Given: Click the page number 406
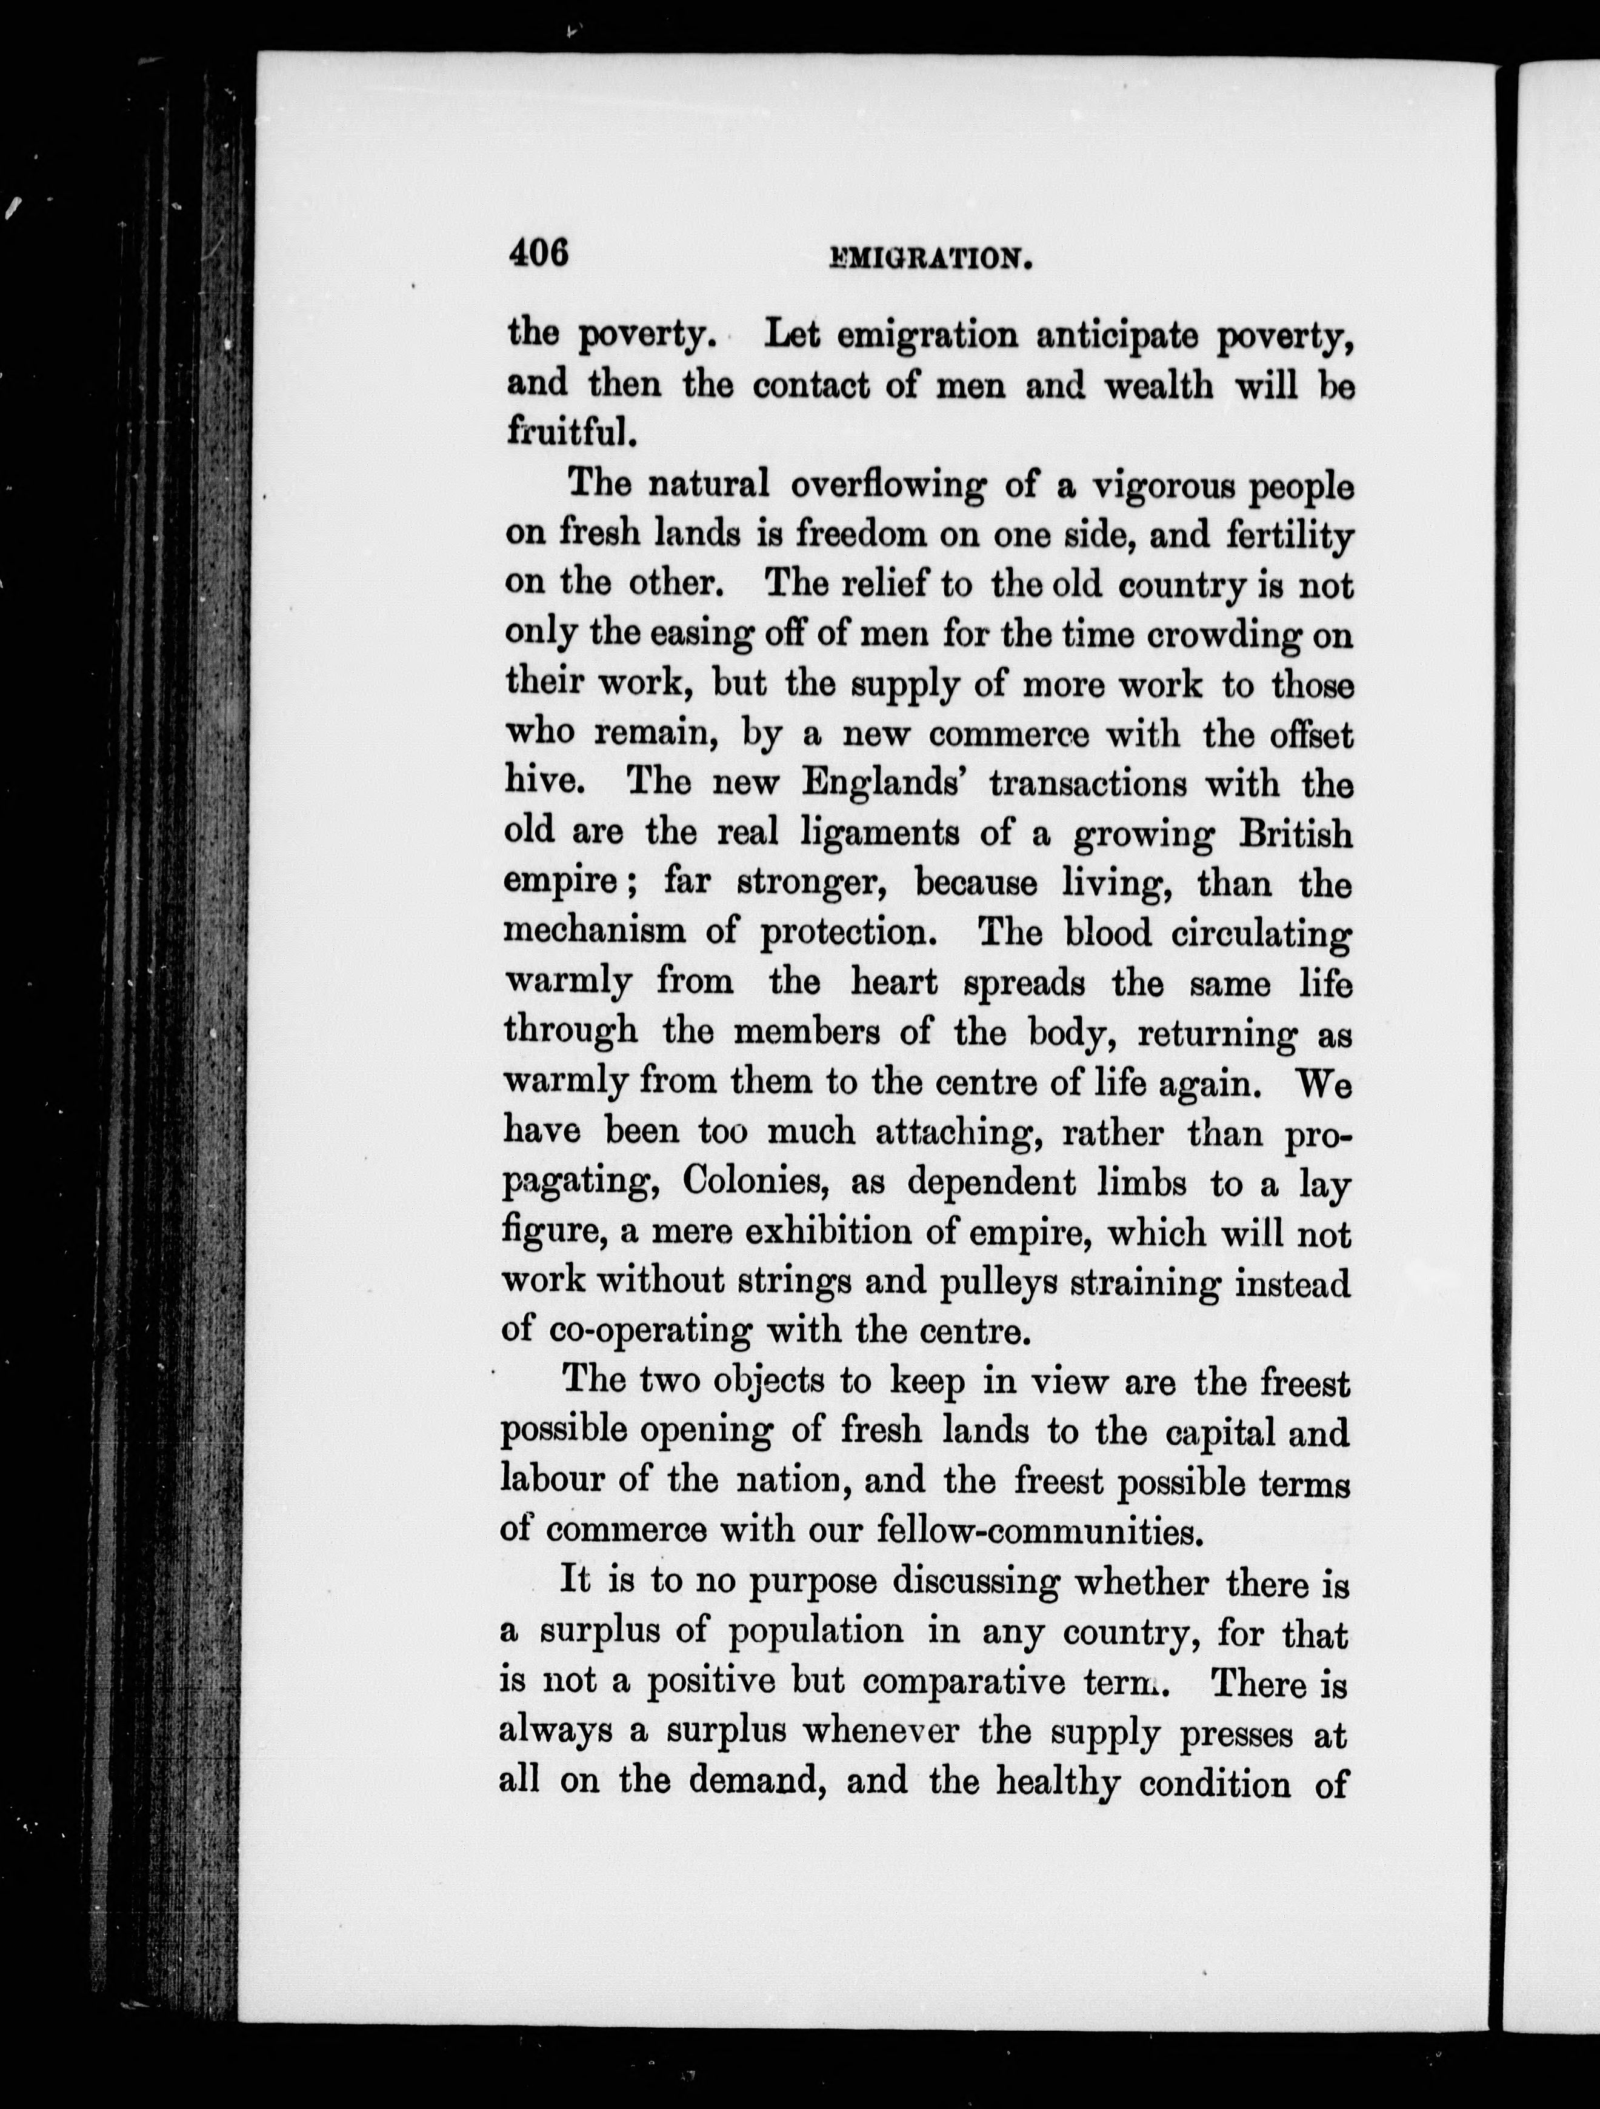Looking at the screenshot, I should pos(539,253).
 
